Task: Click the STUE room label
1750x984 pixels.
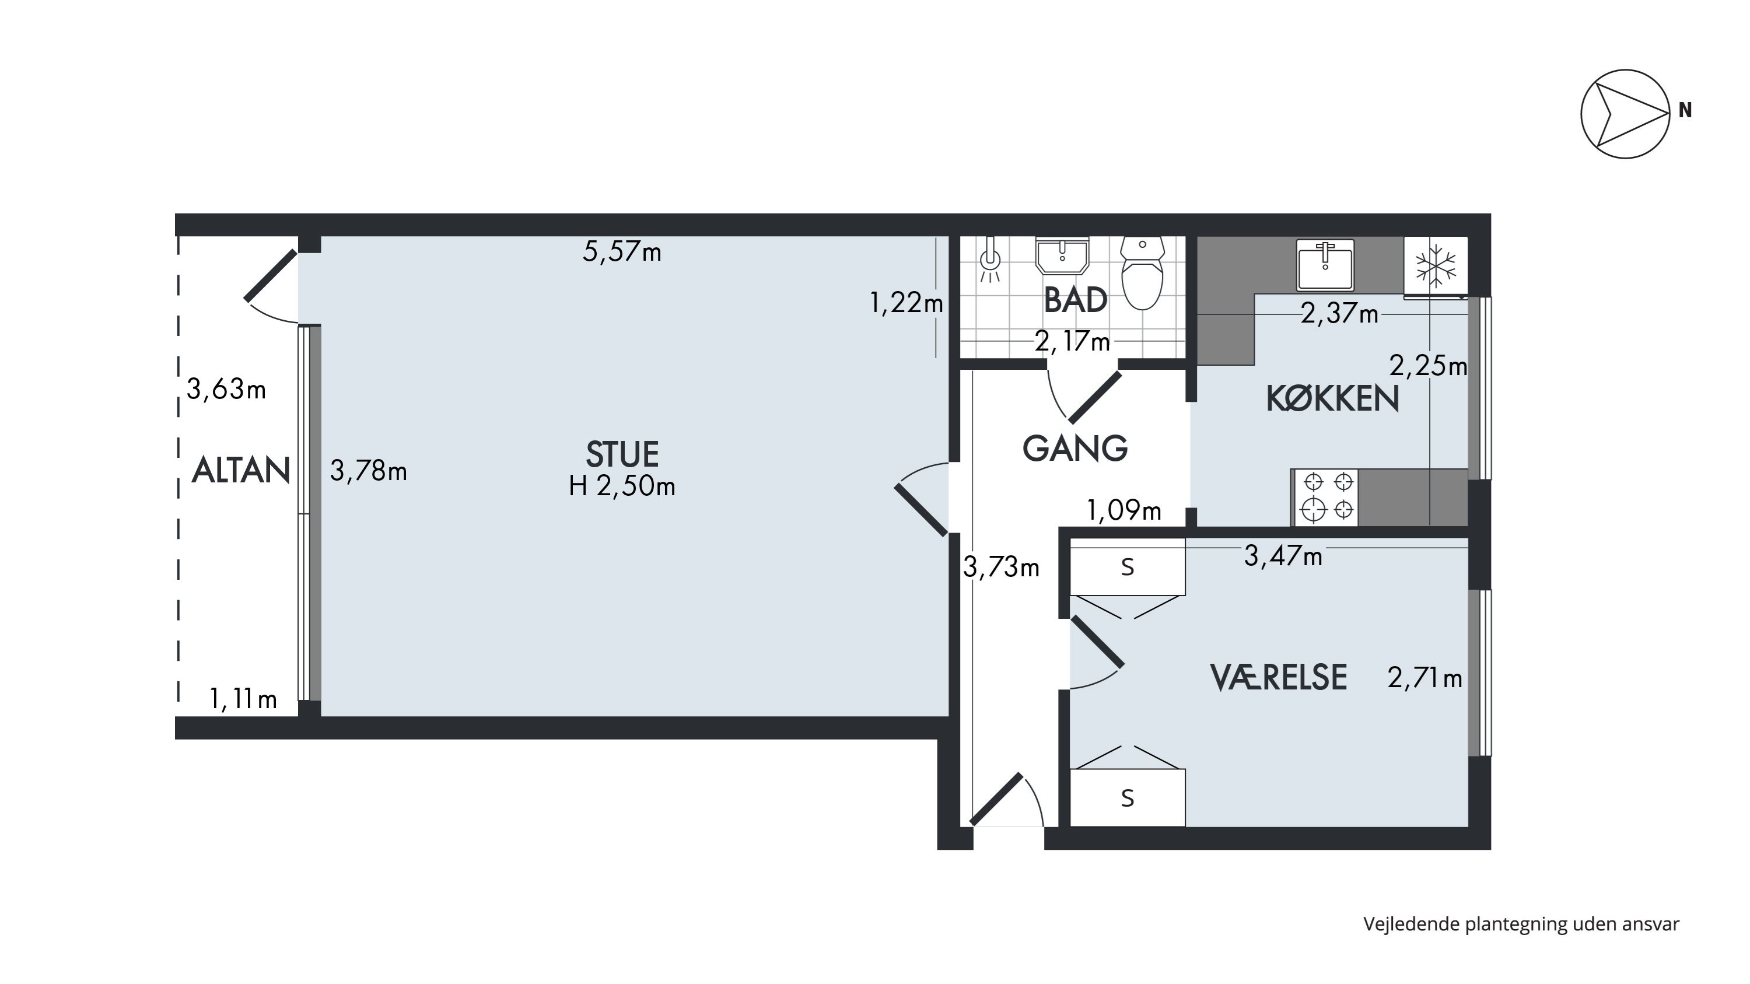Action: [622, 454]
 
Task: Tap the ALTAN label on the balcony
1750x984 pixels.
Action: [241, 470]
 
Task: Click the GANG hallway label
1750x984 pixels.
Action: [1074, 448]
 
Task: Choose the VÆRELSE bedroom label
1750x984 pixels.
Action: [1279, 677]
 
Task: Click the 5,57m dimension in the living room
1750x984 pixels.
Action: [622, 252]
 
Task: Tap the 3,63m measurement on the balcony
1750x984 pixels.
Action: [226, 389]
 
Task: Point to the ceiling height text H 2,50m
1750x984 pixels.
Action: [622, 486]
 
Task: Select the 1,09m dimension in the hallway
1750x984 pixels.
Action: [1124, 510]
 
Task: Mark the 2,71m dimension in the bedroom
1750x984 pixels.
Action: [1424, 678]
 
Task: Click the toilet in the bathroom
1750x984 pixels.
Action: [1143, 272]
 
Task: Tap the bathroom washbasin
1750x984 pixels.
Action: [1062, 255]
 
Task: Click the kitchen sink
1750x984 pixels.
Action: [1325, 264]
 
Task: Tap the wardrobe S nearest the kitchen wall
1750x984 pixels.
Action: [1128, 566]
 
